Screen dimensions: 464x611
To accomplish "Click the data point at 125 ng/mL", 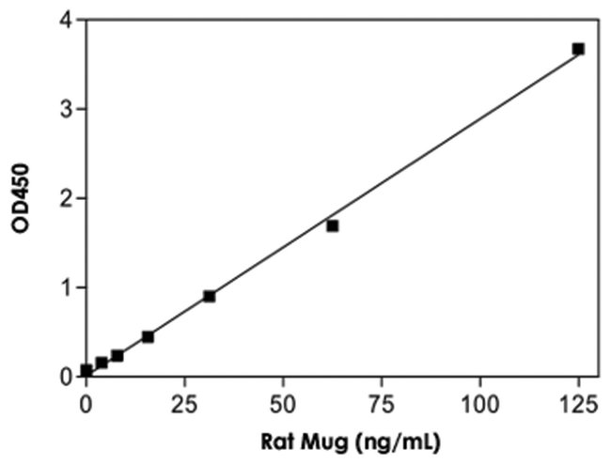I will point(578,49).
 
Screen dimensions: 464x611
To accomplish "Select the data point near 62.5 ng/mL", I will point(332,225).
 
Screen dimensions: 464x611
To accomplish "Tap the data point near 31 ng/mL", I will point(209,296).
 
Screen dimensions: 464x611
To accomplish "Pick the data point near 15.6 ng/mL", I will point(148,336).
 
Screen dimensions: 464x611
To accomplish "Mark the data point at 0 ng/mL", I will point(86,370).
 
